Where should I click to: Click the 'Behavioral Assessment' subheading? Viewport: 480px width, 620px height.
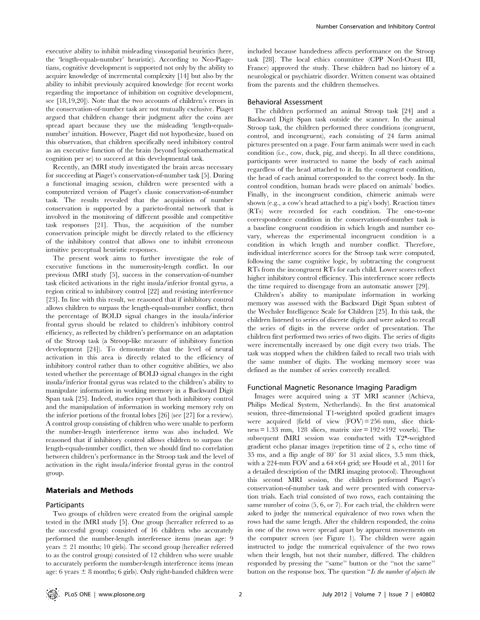pyautogui.click(x=282, y=101)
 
